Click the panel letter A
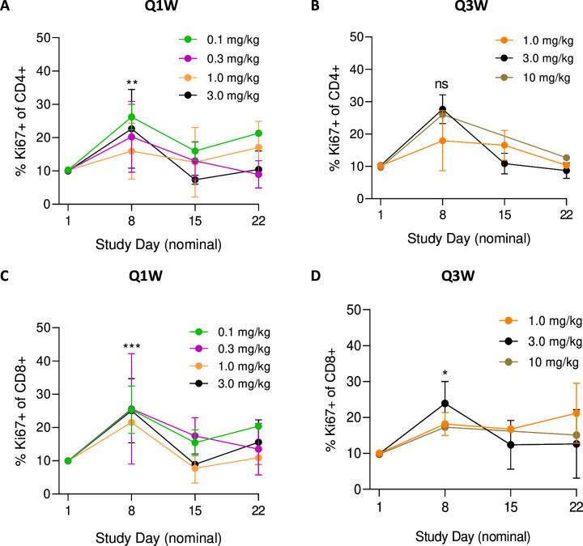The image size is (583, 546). pos(7,7)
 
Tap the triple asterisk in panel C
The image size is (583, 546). pos(130,324)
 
